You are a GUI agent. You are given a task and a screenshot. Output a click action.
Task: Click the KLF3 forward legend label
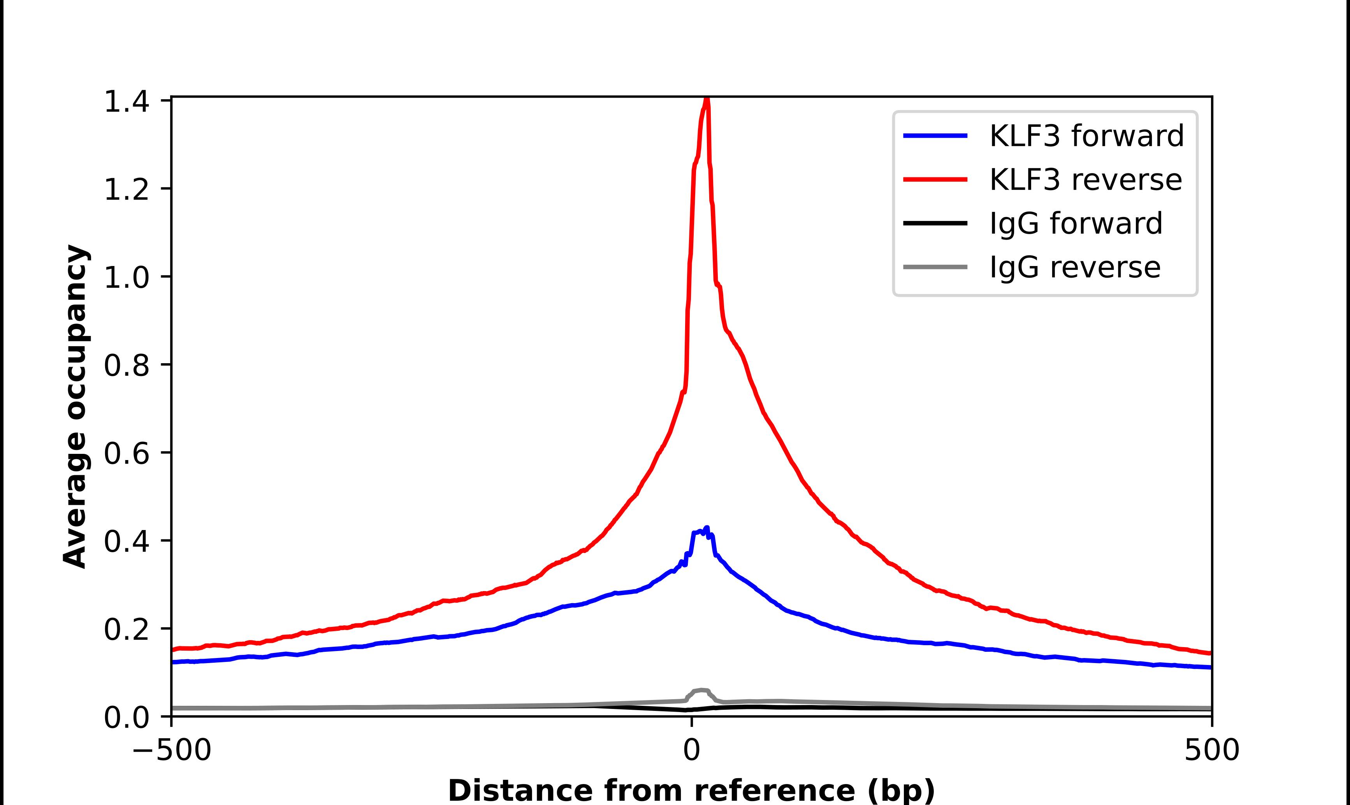(x=1086, y=136)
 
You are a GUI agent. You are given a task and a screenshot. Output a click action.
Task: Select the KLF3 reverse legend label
(x=1085, y=180)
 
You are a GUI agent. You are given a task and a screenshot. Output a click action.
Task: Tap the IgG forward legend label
(x=1075, y=224)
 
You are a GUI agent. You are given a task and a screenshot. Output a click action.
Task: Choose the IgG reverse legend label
(x=1074, y=268)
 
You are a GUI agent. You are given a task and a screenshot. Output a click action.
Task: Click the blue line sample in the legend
(x=935, y=136)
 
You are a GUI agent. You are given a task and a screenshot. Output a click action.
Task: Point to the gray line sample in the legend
(x=935, y=267)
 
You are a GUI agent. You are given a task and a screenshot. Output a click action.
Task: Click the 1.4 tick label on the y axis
(x=126, y=101)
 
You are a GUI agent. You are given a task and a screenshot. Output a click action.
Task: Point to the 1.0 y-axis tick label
(x=126, y=278)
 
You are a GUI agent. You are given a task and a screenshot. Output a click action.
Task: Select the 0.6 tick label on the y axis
(x=126, y=453)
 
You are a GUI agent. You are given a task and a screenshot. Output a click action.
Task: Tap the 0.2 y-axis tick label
(x=126, y=629)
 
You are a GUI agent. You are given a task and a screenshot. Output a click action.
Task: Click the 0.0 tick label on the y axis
(x=126, y=717)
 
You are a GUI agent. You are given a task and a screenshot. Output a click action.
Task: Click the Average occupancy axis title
(x=75, y=407)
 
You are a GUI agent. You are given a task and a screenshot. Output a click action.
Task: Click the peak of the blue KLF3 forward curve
(x=706, y=528)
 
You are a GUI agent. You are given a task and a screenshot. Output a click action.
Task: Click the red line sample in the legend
(x=935, y=180)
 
